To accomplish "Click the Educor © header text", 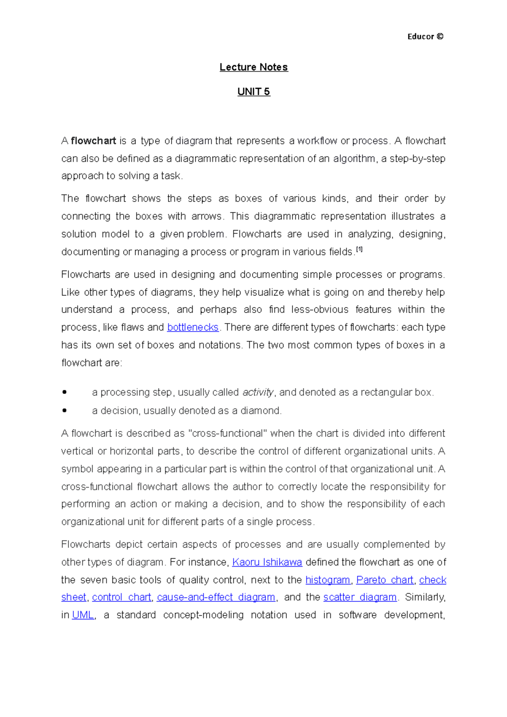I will pyautogui.click(x=425, y=37).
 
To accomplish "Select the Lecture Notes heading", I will pyautogui.click(x=253, y=67).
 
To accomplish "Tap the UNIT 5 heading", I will pyautogui.click(x=253, y=92).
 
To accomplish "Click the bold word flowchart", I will pyautogui.click(x=93, y=141).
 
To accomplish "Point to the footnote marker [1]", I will pyautogui.click(x=359, y=250).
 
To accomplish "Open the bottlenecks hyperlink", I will pyautogui.click(x=193, y=327).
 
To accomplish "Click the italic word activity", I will pyautogui.click(x=258, y=392).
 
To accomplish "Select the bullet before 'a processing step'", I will pyautogui.click(x=64, y=392).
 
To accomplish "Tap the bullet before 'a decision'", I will pyautogui.click(x=64, y=410).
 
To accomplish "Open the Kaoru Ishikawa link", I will pyautogui.click(x=267, y=562).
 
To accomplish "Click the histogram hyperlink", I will pyautogui.click(x=328, y=580).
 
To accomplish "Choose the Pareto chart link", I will pyautogui.click(x=384, y=580).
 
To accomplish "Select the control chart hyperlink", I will pyautogui.click(x=121, y=597).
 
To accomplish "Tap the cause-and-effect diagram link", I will pyautogui.click(x=216, y=597).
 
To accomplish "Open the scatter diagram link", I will pyautogui.click(x=360, y=597).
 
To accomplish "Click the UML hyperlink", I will pyautogui.click(x=83, y=615).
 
